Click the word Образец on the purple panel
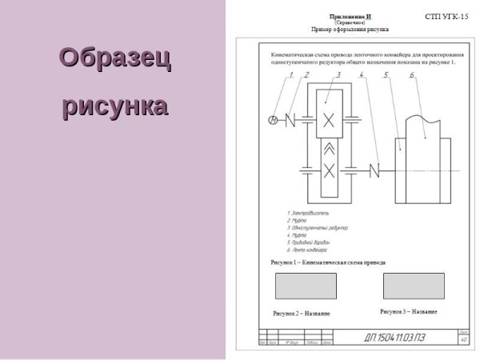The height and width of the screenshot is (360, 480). (115, 59)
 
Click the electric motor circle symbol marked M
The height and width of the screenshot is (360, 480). (272, 120)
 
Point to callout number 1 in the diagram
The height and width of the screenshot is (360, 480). (292, 76)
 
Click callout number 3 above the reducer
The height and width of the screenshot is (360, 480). (338, 76)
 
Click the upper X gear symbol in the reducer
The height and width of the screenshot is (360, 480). (328, 121)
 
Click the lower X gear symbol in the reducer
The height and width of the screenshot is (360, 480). (328, 169)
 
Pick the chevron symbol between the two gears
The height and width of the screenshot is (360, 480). (328, 146)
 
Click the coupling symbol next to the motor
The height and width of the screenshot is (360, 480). (290, 120)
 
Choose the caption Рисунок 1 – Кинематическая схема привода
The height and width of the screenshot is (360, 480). (328, 262)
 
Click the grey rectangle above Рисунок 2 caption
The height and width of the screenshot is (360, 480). (300, 286)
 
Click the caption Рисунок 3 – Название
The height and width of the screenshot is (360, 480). (409, 310)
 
